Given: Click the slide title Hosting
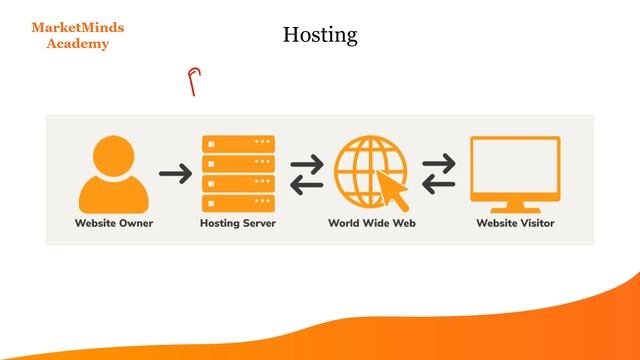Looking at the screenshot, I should point(320,35).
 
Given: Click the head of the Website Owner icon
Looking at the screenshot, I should point(114,152).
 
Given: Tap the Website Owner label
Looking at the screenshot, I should point(114,222).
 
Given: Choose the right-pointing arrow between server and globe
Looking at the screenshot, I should point(306,162).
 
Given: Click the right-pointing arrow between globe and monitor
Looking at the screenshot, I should point(439,162).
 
